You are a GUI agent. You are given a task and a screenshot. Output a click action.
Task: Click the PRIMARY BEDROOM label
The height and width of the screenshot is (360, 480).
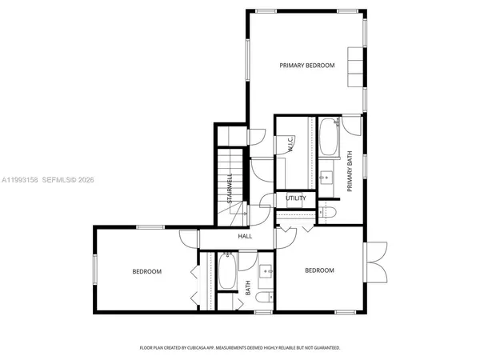pyautogui.click(x=306, y=65)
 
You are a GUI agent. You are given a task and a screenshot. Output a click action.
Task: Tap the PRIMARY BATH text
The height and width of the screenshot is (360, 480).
pyautogui.click(x=350, y=172)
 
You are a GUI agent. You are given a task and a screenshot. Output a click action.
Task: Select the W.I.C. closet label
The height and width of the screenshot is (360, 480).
pyautogui.click(x=290, y=145)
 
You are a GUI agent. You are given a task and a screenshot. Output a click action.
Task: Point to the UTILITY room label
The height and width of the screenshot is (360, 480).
pyautogui.click(x=295, y=198)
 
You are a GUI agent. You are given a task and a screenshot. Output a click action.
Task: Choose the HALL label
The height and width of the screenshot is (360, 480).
pyautogui.click(x=245, y=236)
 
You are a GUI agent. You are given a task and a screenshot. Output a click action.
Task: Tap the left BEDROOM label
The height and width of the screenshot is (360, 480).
pyautogui.click(x=146, y=271)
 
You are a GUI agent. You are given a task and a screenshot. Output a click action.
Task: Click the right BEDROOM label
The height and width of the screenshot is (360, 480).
pyautogui.click(x=319, y=270)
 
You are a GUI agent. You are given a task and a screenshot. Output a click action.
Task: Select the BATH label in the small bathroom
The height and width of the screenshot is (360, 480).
pyautogui.click(x=248, y=287)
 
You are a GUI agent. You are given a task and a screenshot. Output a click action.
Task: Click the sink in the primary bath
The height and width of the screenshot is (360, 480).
pyautogui.click(x=326, y=177)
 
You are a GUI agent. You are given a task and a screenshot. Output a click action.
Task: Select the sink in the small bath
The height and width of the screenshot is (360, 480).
pyautogui.click(x=267, y=271)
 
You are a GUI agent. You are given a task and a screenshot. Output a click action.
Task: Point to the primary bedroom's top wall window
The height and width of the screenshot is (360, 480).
pyautogui.click(x=267, y=10)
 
